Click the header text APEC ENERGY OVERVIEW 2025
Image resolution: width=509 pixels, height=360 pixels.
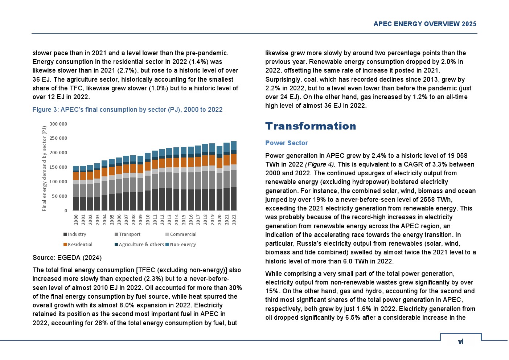424,24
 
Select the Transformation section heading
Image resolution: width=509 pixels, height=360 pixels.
311,126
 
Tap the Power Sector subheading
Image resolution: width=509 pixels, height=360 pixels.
286,143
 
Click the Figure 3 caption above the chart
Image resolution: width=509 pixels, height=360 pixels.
127,110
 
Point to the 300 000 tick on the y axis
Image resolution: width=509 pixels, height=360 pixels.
58,124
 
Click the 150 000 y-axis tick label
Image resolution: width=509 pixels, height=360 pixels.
58,167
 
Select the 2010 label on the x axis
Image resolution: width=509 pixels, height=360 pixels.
148,220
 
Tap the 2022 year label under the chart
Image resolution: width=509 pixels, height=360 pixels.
234,220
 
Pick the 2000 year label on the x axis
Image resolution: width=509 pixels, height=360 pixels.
76,220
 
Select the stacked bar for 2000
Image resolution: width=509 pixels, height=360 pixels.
76,188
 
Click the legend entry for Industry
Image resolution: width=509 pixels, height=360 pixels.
75,234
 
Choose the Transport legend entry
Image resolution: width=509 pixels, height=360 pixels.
128,234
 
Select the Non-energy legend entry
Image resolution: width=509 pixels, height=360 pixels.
181,245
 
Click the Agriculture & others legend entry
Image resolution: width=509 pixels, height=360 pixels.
139,245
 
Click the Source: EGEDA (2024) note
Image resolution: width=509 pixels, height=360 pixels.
67,258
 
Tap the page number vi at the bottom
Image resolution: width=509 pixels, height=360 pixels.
461,341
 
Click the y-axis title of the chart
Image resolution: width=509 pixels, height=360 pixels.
44,168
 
